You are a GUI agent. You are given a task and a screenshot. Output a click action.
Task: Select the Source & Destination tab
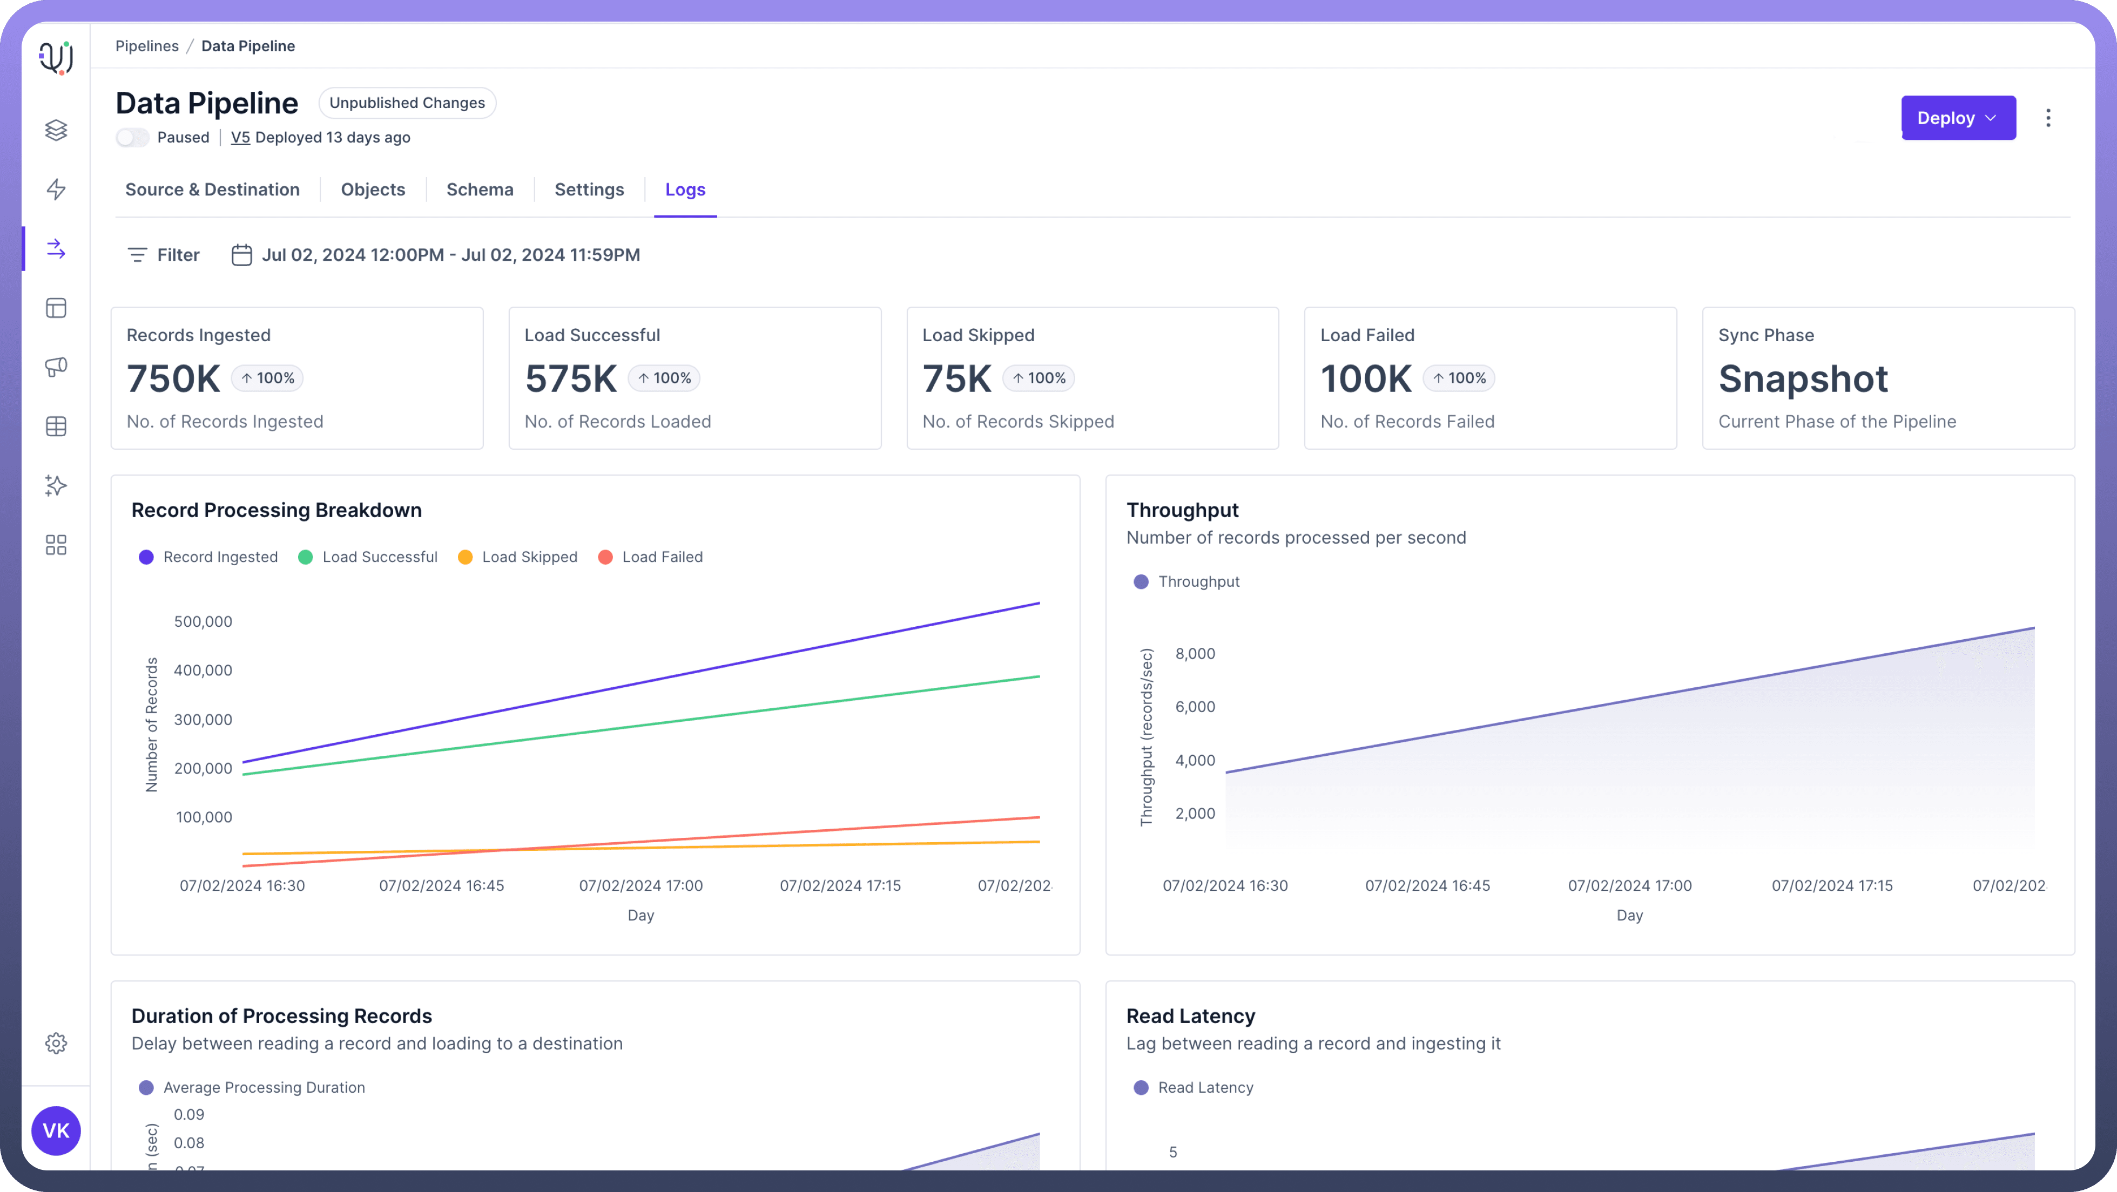pos(212,190)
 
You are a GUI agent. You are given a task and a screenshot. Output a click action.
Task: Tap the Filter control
pos(164,255)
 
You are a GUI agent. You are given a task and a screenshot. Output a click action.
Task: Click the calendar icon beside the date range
pos(241,255)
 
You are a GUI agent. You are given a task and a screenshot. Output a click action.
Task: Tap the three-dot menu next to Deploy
pos(2048,118)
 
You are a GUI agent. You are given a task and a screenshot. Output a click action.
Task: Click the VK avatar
pos(56,1130)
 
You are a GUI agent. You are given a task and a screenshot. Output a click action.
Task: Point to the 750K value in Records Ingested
pos(173,379)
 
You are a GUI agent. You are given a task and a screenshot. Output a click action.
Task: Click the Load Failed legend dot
pos(606,557)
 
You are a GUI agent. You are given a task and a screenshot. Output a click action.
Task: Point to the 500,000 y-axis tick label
pos(203,622)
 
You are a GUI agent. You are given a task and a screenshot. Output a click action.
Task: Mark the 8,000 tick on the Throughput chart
pos(1195,654)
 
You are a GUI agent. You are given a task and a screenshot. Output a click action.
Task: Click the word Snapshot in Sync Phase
pos(1803,379)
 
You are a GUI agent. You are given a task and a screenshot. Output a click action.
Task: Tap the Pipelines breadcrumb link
pos(146,46)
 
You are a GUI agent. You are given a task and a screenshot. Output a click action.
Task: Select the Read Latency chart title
pos(1190,1016)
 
